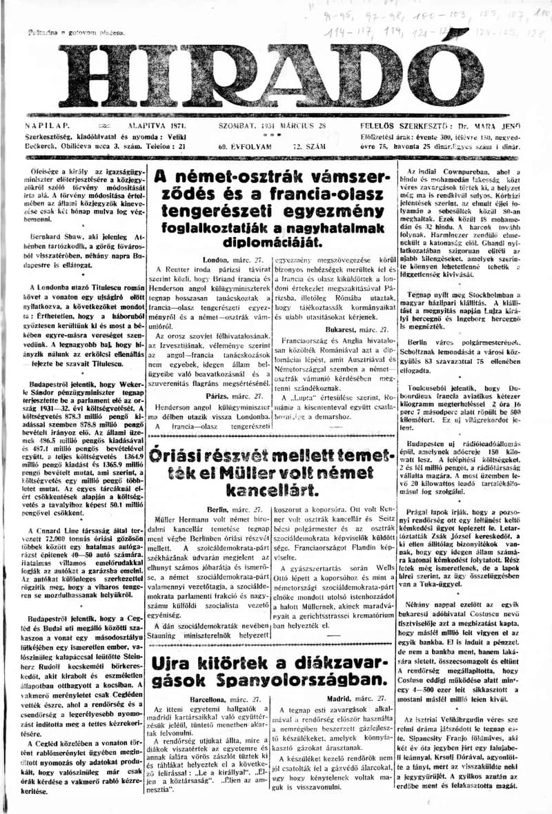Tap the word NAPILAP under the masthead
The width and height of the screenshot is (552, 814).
pos(48,127)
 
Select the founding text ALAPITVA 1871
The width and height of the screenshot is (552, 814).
pos(138,127)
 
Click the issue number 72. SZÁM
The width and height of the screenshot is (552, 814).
pos(309,147)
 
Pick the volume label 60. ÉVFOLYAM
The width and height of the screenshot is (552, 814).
pos(238,147)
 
